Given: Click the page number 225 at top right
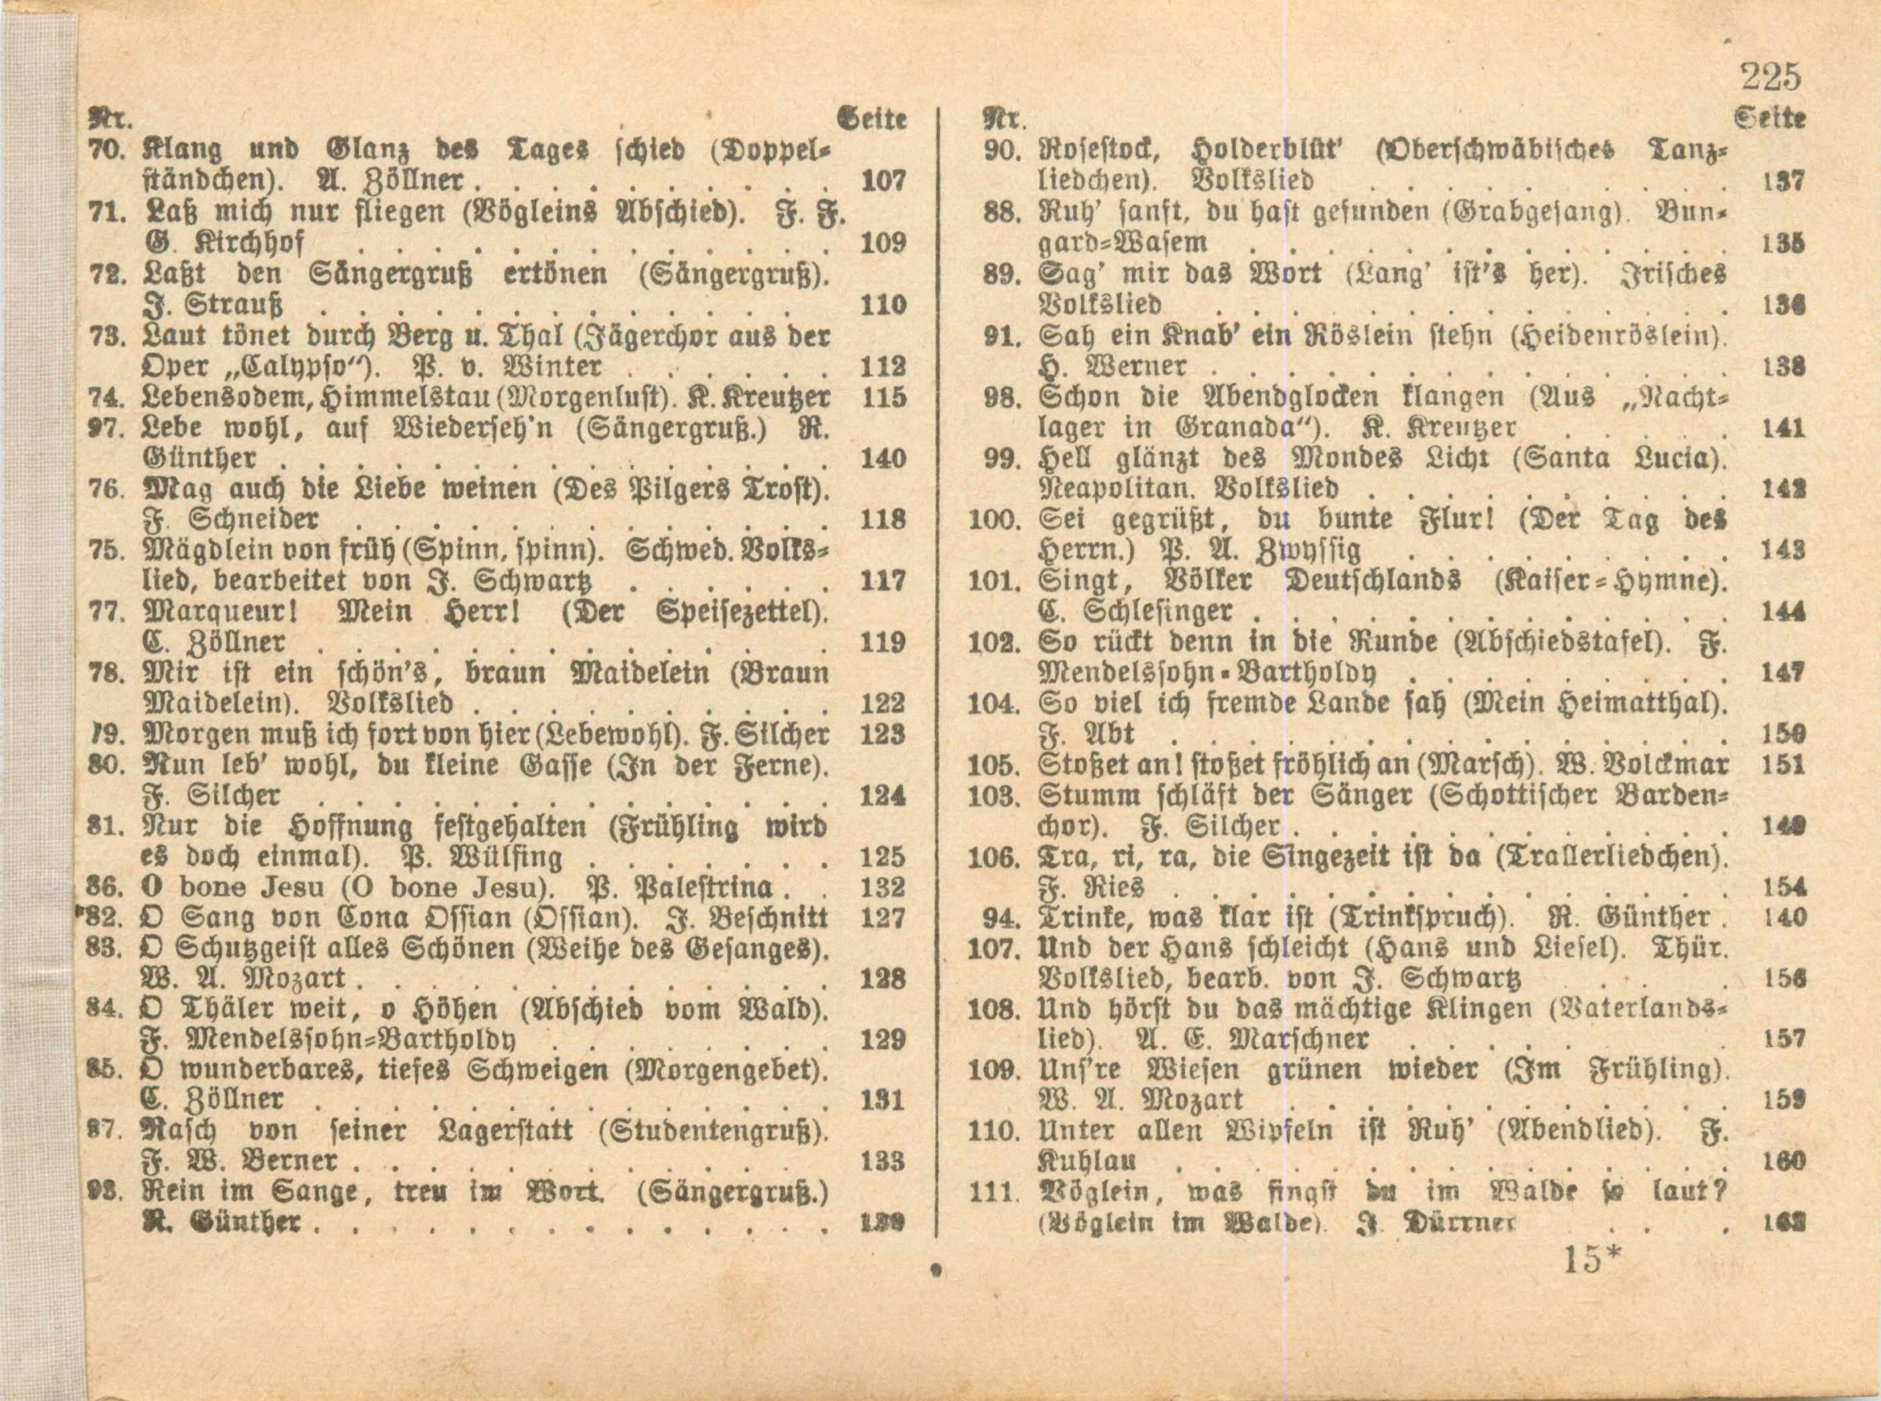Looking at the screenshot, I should [x=1771, y=77].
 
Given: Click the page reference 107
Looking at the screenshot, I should [x=883, y=181].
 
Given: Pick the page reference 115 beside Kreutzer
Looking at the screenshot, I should [x=883, y=397].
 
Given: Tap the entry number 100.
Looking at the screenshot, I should [x=993, y=519].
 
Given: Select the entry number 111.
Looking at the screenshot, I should [x=992, y=1191].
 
